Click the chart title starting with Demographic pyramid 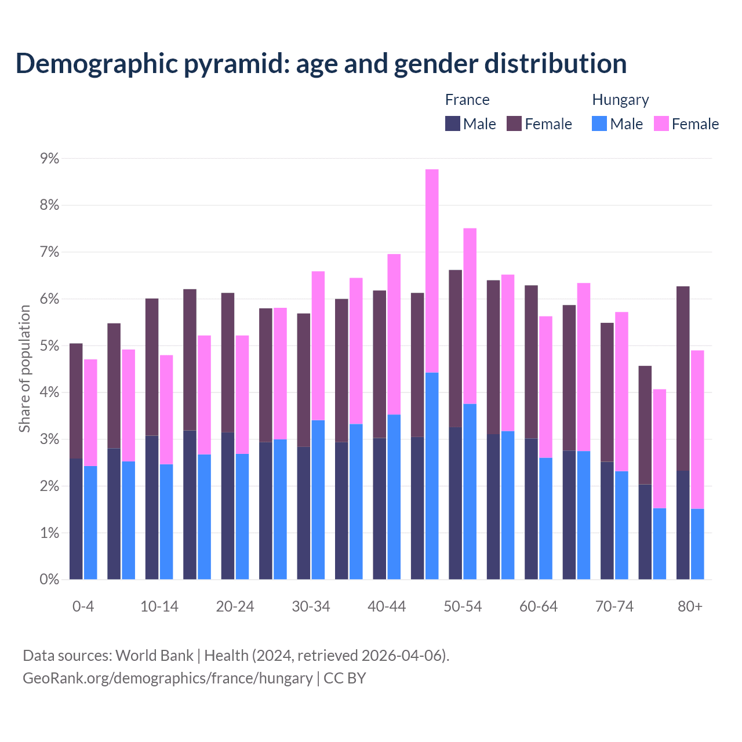click(321, 63)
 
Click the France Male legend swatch click(452, 124)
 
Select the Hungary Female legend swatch click(661, 124)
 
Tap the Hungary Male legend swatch click(599, 124)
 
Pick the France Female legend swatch click(514, 124)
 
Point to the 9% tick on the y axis click(49, 158)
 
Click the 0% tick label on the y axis click(49, 579)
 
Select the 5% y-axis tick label click(49, 345)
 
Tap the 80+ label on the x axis click(690, 606)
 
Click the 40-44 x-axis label click(387, 606)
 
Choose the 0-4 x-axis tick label click(83, 606)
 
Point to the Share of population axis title click(24, 369)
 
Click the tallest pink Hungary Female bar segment click(432, 271)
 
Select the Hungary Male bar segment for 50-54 click(470, 492)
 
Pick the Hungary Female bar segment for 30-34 click(318, 345)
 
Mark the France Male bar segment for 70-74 click(607, 521)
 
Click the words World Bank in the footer click(154, 656)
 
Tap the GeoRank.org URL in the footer click(168, 678)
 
